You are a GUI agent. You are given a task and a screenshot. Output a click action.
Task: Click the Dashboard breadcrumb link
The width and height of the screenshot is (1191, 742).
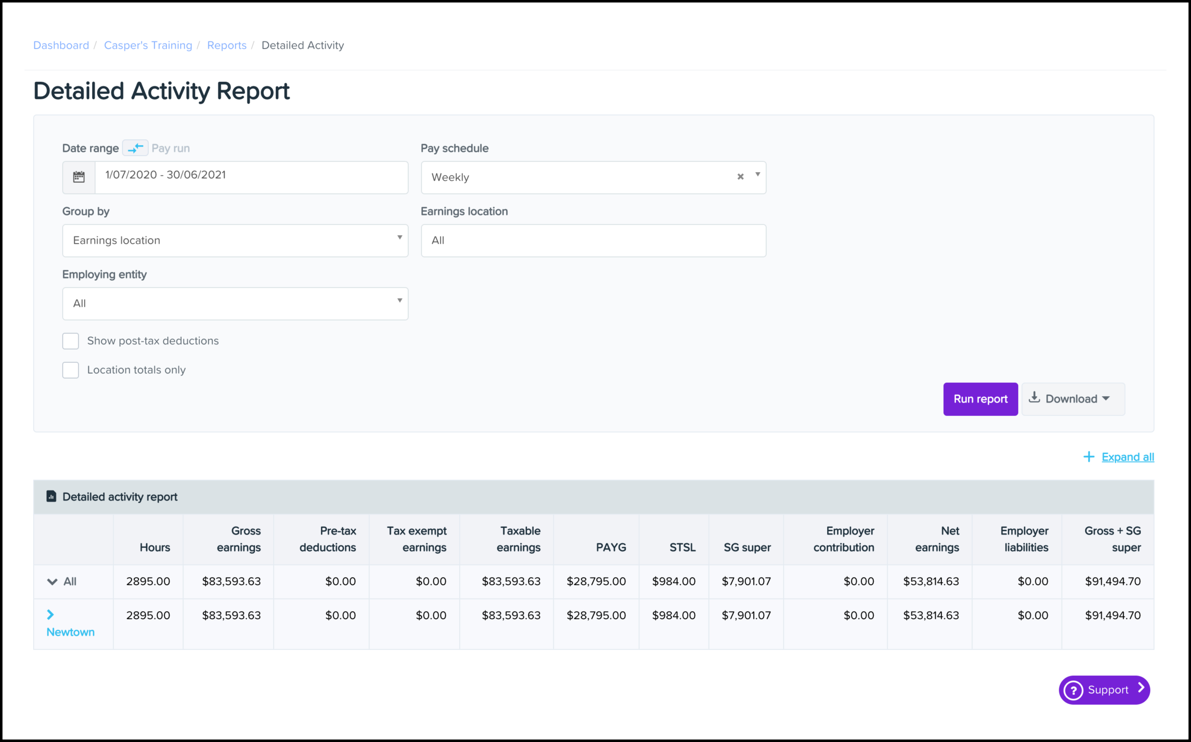click(x=61, y=45)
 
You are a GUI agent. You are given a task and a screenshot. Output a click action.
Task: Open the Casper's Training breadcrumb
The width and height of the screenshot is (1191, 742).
click(x=148, y=45)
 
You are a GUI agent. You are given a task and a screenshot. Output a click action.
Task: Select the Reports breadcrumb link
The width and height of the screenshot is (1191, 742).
click(x=226, y=45)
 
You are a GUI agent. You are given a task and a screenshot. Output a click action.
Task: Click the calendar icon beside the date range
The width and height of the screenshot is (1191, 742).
click(x=79, y=177)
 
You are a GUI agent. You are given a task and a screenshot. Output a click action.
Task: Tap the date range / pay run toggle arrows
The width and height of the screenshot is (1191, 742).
click(x=135, y=148)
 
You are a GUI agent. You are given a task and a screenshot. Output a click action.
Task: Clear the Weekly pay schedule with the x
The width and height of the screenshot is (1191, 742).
click(x=740, y=177)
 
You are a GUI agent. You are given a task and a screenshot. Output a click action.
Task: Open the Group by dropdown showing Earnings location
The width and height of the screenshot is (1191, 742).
click(x=235, y=240)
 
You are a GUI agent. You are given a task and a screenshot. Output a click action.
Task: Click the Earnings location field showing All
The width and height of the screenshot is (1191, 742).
click(x=593, y=240)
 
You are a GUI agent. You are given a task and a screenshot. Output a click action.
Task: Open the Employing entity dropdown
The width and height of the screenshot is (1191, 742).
click(x=235, y=303)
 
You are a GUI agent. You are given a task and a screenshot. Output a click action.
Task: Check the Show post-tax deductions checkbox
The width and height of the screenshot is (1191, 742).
click(x=71, y=341)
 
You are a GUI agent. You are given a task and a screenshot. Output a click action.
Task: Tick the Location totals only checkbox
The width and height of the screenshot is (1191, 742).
click(x=71, y=370)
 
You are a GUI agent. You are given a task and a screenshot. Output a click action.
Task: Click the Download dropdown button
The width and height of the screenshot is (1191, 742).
click(x=1073, y=399)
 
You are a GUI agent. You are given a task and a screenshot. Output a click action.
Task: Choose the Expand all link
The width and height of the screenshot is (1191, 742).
click(x=1127, y=457)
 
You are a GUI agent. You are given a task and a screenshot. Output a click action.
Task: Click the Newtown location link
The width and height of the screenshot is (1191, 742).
click(x=70, y=632)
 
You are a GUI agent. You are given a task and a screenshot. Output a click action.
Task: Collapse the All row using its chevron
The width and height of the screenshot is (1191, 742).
click(x=52, y=581)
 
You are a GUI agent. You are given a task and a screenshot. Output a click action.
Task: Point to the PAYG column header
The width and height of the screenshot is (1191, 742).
click(x=611, y=547)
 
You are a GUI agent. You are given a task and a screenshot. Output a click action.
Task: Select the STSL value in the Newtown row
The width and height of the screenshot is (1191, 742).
click(x=673, y=615)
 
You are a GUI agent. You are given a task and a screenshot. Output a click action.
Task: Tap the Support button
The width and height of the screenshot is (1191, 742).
click(x=1104, y=689)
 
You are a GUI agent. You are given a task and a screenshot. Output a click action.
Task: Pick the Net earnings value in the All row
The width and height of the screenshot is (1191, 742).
click(x=930, y=581)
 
